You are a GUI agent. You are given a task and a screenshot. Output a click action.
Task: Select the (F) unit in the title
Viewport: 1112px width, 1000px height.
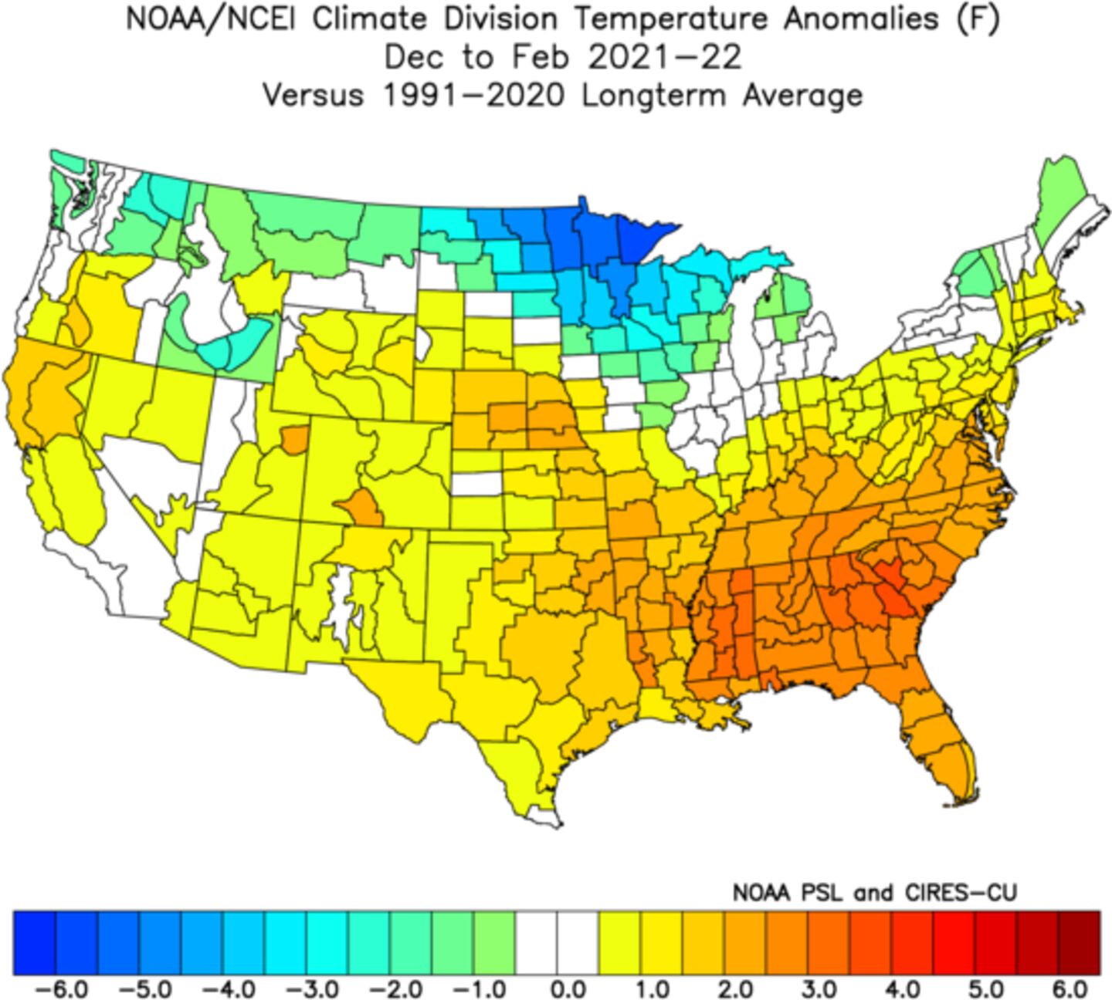click(x=977, y=20)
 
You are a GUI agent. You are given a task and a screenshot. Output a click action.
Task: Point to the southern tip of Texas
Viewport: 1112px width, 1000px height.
click(x=550, y=819)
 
